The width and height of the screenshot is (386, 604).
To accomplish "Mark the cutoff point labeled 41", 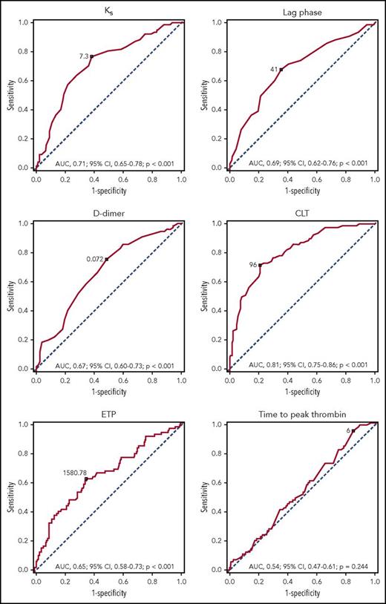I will (281, 70).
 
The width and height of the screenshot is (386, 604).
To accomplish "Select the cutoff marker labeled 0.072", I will (107, 259).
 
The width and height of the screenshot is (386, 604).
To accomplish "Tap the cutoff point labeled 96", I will (260, 265).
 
